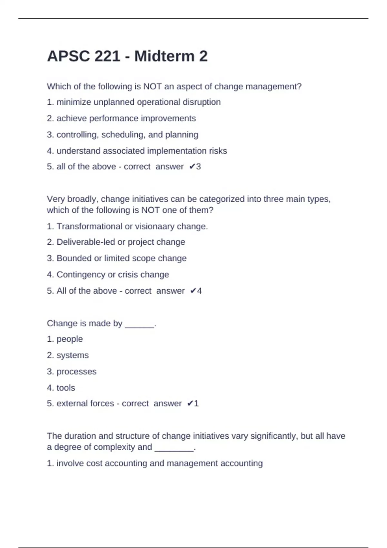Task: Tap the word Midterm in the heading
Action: coord(164,56)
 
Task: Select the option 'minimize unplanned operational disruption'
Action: coord(138,102)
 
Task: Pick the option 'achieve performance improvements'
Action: coord(126,118)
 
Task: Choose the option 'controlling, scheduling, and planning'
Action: coord(127,134)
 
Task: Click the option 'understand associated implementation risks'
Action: coord(142,151)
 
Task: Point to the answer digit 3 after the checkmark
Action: coord(199,167)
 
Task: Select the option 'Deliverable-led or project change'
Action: coord(121,242)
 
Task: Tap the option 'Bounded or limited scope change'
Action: coord(121,258)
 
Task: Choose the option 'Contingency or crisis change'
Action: coord(113,275)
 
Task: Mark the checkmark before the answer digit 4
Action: coord(193,291)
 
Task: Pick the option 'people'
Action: coord(70,339)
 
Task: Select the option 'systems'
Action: coord(73,355)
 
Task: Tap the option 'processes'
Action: coord(76,372)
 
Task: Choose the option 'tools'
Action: coord(66,388)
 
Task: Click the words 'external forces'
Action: coord(85,404)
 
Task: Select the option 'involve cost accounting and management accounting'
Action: coord(160,464)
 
